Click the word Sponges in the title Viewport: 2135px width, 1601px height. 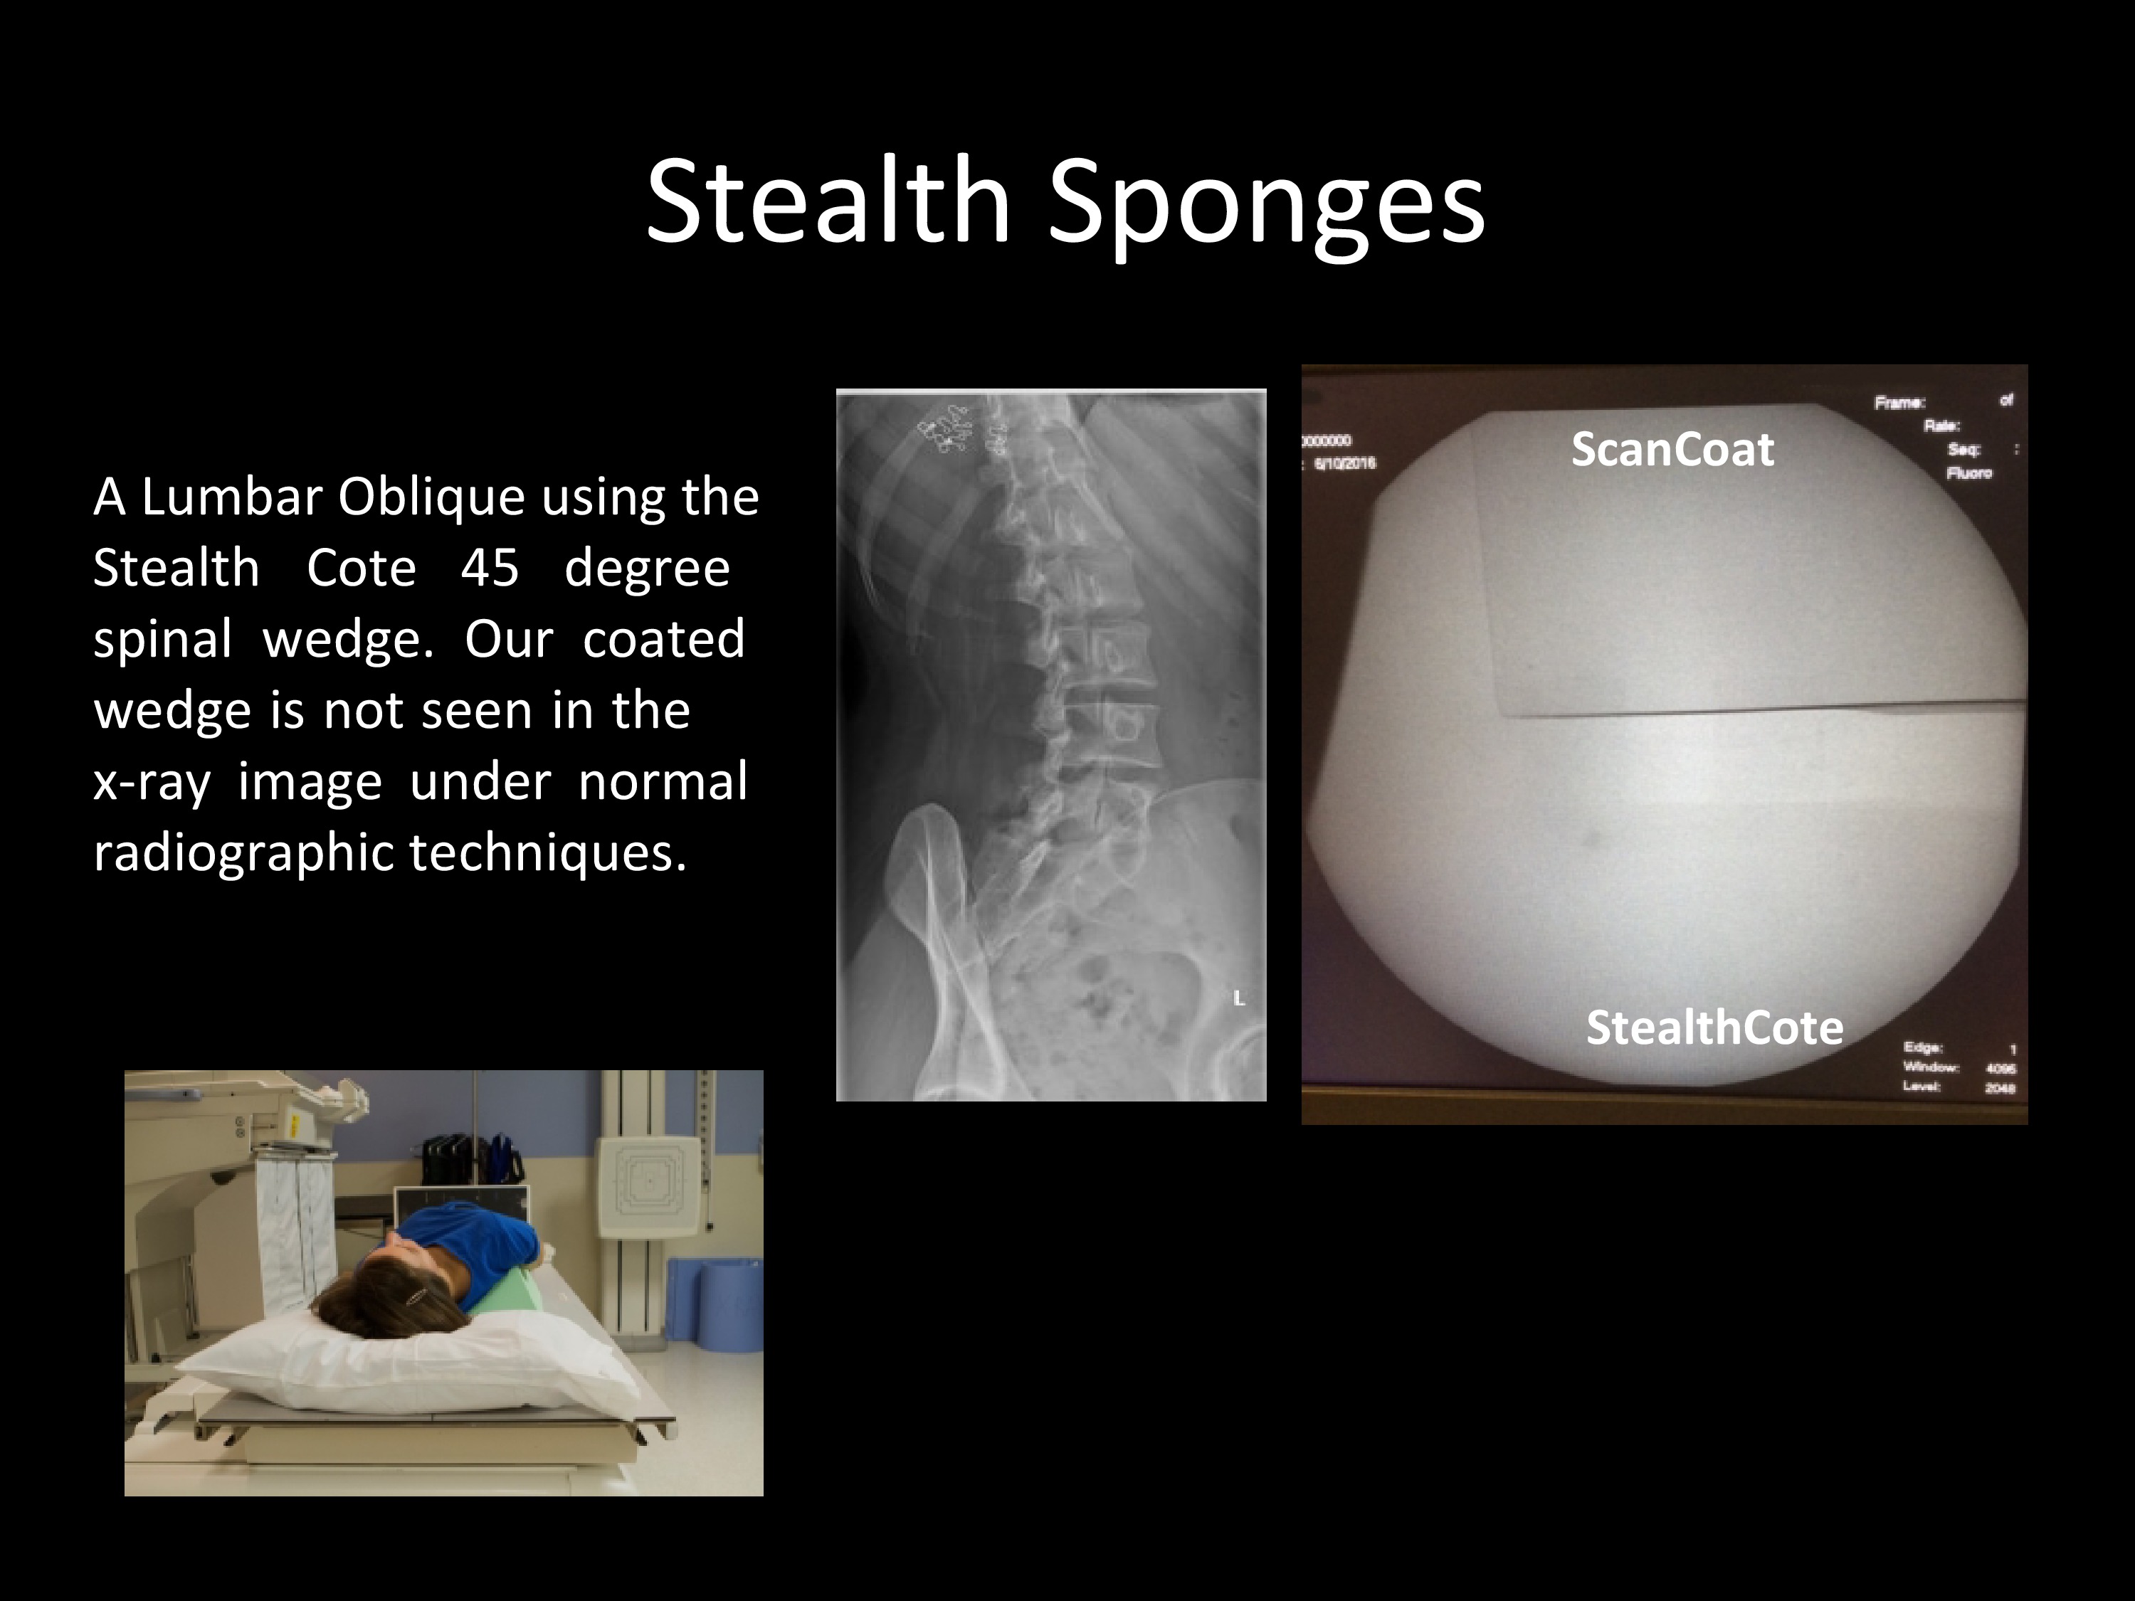(x=1265, y=205)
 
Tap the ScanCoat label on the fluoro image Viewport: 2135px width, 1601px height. (x=1672, y=450)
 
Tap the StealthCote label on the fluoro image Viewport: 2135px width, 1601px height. (x=1714, y=1027)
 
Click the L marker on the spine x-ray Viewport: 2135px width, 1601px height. (x=1238, y=999)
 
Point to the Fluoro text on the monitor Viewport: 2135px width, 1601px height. (x=1969, y=473)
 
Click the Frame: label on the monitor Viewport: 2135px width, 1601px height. (x=1899, y=403)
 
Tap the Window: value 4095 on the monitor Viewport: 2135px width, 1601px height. (x=2000, y=1067)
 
